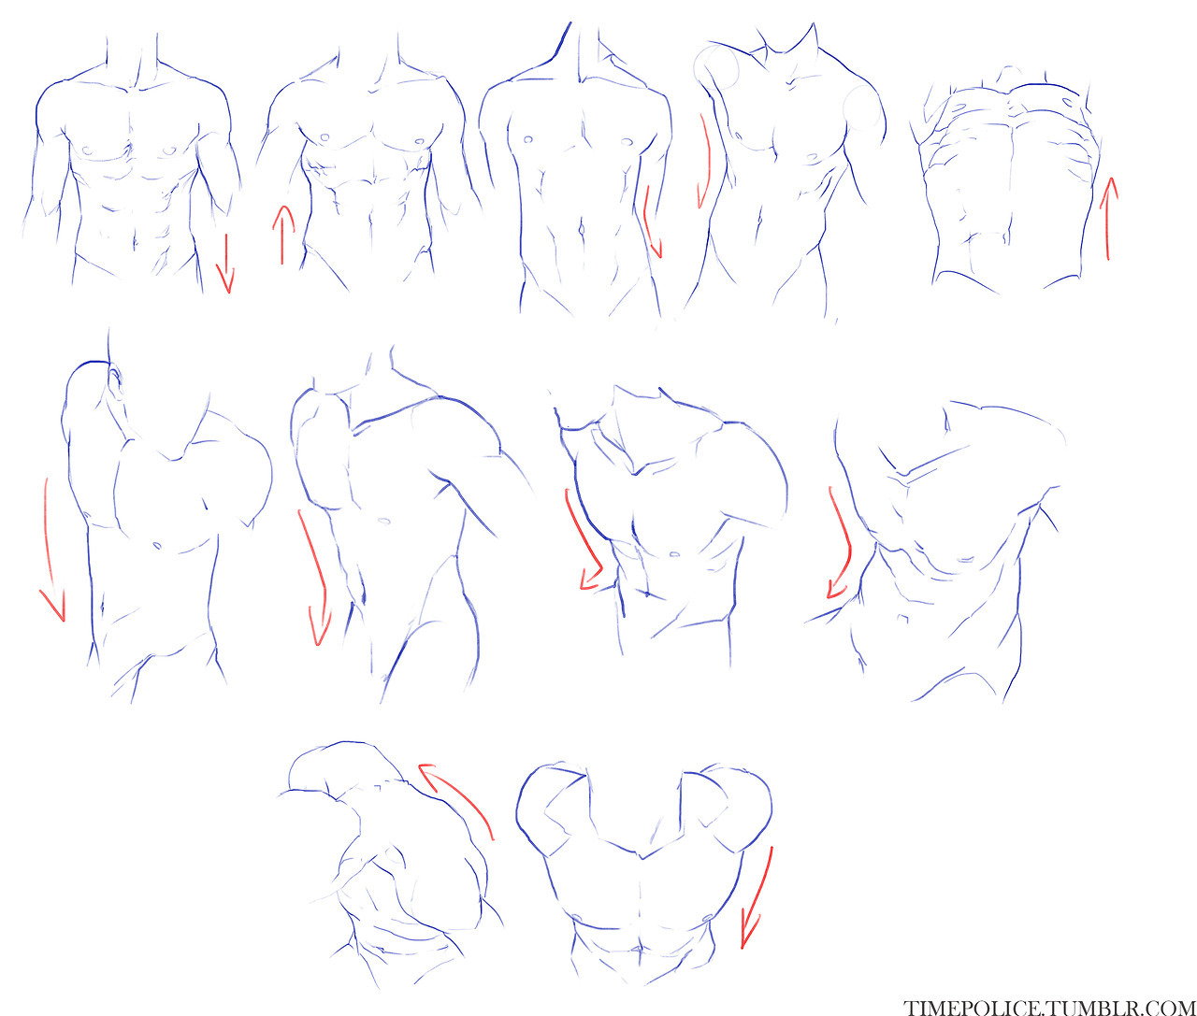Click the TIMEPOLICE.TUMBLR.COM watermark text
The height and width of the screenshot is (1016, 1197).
point(1048,1005)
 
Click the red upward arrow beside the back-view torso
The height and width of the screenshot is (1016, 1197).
point(1108,219)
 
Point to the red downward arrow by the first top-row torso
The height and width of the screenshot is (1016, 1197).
point(225,264)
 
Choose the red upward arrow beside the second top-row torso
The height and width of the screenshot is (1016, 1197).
point(282,235)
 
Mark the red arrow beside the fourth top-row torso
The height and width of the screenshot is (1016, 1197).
point(706,162)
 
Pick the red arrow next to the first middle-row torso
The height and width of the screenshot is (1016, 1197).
point(48,550)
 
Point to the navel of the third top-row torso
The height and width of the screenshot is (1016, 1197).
point(583,230)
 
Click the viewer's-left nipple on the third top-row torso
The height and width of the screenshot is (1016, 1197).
point(527,139)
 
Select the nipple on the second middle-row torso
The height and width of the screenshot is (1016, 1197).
point(382,521)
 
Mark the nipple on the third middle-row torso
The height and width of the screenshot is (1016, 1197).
point(674,554)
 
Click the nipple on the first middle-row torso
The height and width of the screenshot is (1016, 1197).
point(156,545)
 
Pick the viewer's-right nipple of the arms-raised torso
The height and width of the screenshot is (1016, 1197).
point(706,918)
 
